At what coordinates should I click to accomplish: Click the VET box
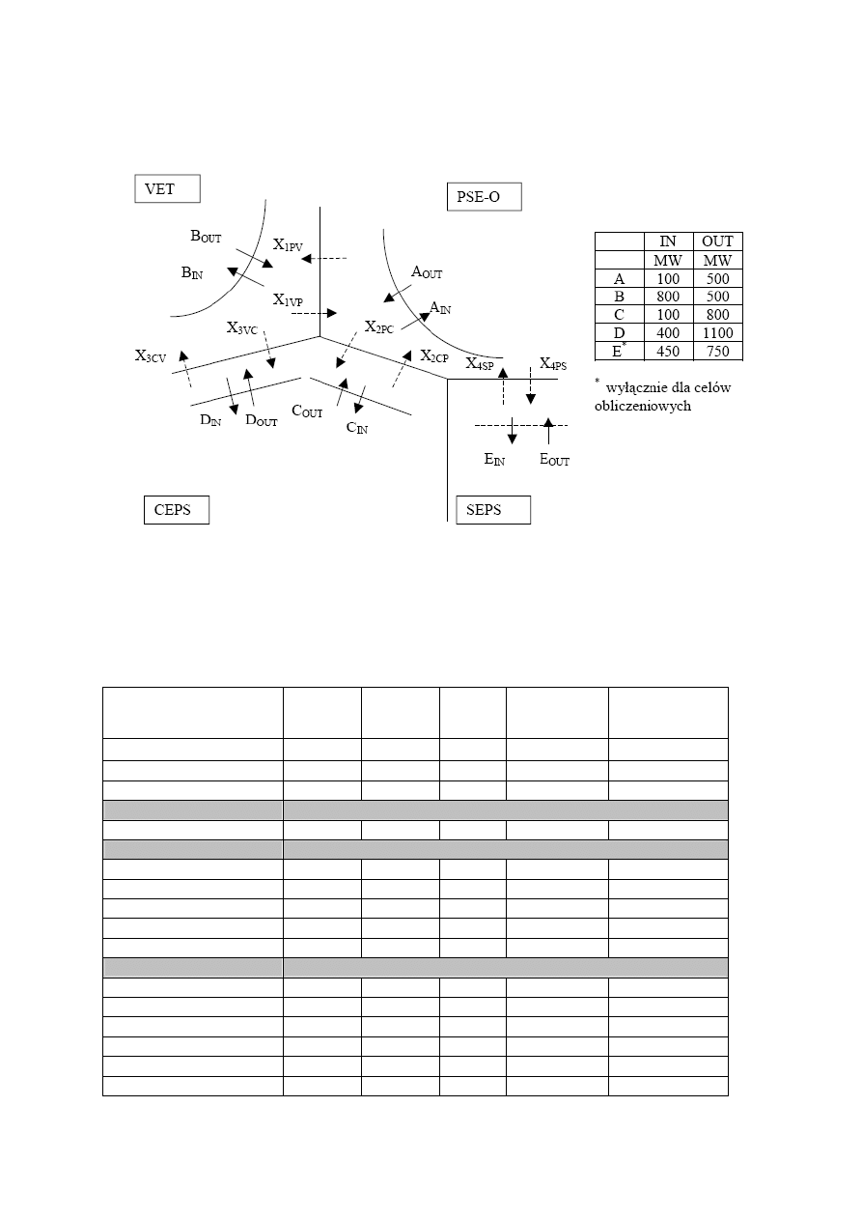(x=166, y=188)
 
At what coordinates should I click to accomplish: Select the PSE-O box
(x=484, y=197)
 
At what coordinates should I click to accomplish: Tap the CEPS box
(x=176, y=509)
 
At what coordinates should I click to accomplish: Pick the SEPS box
(x=493, y=509)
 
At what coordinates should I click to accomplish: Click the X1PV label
(x=288, y=246)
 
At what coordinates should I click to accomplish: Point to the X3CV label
(x=151, y=356)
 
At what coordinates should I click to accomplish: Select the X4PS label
(x=553, y=364)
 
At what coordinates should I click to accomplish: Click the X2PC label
(x=378, y=327)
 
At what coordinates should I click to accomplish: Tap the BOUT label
(x=206, y=236)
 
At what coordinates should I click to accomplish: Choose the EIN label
(x=495, y=460)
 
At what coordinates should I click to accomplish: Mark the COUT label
(x=307, y=412)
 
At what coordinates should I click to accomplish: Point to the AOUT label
(x=427, y=273)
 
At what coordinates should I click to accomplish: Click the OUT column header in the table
(x=717, y=241)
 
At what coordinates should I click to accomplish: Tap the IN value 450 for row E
(x=667, y=351)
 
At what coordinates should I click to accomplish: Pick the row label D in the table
(x=619, y=332)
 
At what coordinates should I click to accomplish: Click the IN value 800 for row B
(x=667, y=297)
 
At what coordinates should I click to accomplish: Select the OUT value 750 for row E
(x=717, y=351)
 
